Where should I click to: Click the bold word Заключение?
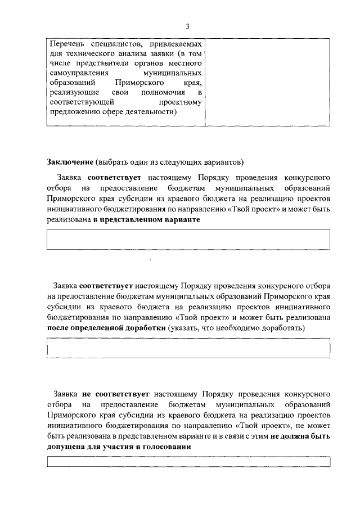pyautogui.click(x=70, y=162)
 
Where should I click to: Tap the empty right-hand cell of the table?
pyautogui.click(x=267, y=82)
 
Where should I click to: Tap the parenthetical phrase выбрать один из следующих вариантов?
pyautogui.click(x=169, y=162)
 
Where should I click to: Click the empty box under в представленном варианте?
pyautogui.click(x=188, y=239)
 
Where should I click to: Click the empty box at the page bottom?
pyautogui.click(x=188, y=462)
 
